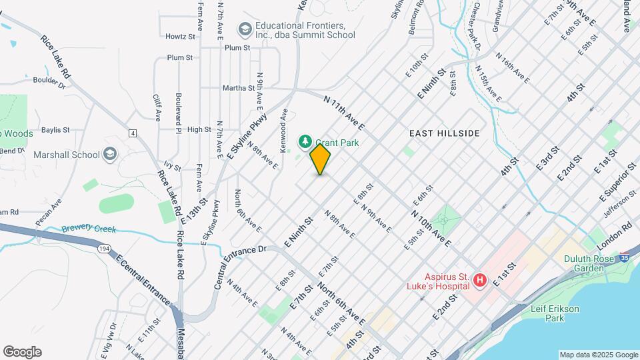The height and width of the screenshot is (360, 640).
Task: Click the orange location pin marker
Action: pos(321,159)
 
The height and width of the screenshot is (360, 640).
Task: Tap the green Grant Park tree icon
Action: pos(305,141)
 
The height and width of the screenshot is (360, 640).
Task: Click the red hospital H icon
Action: pos(479,281)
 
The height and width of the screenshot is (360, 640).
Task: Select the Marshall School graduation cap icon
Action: pos(110,155)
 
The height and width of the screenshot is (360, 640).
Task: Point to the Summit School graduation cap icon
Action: pos(245,29)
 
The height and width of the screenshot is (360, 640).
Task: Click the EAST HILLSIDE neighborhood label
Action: pos(444,133)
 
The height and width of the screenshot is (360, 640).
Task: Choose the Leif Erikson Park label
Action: pos(555,313)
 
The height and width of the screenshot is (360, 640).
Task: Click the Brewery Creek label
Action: pos(89,229)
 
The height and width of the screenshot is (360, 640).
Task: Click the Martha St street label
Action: pos(242,87)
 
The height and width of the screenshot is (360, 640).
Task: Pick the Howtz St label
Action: pos(180,36)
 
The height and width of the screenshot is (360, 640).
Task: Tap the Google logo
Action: pos(22,352)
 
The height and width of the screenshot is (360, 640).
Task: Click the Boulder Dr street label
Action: pos(49,83)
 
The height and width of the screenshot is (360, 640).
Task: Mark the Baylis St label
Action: pos(55,130)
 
